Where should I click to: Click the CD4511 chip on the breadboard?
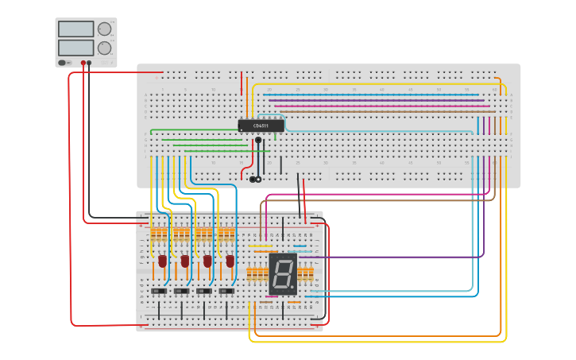pos(261,126)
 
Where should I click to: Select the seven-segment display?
pos(282,273)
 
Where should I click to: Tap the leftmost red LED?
pos(162,261)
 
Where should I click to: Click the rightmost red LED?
pos(230,261)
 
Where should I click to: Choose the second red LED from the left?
pos(184,261)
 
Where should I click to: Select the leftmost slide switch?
pos(160,292)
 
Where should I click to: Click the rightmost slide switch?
pos(227,292)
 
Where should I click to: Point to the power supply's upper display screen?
pos(75,29)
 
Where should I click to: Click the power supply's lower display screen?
pos(75,48)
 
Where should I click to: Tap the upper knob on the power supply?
pos(104,29)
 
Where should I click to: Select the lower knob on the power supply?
pos(104,48)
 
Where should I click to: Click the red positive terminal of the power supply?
pos(83,63)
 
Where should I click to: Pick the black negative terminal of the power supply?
pos(89,63)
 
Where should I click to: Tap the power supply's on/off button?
pos(62,63)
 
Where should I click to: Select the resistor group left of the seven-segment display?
pos(257,275)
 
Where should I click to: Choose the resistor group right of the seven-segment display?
pos(305,275)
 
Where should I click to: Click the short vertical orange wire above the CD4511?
pos(247,86)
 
